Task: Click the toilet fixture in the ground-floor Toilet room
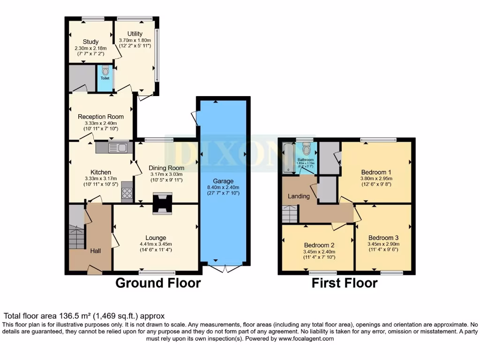pos(105,71)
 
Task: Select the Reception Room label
pos(101,117)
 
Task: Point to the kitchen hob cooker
pos(127,192)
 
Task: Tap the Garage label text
pos(223,181)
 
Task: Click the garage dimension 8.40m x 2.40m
pos(223,188)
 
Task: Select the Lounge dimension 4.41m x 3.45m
pos(155,244)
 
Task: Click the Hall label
pos(95,251)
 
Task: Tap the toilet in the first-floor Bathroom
pos(307,149)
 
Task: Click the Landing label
pos(299,196)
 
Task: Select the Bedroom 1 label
pos(376,171)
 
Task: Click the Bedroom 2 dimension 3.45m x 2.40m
pos(319,251)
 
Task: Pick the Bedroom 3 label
pos(383,237)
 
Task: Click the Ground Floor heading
pos(158,283)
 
